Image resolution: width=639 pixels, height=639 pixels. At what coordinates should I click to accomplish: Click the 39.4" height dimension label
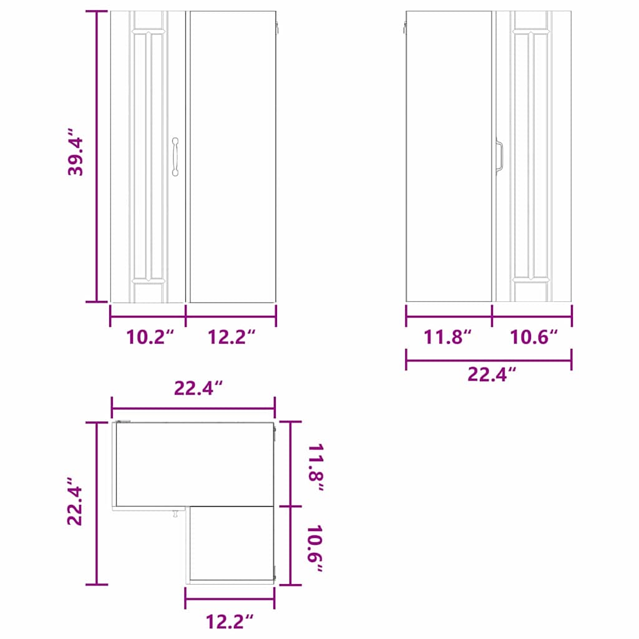[76, 152]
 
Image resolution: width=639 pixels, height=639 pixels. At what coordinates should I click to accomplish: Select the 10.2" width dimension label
[150, 337]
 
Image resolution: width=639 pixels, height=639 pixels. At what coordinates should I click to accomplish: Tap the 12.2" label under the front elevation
[232, 337]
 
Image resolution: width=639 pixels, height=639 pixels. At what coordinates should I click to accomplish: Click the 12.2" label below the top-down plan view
[230, 622]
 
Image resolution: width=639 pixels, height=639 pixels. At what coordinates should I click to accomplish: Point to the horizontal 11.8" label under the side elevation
[447, 337]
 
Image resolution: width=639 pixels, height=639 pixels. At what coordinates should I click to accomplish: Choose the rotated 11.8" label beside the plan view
[315, 467]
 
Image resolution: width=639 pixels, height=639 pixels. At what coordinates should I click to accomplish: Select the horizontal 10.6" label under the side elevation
[534, 337]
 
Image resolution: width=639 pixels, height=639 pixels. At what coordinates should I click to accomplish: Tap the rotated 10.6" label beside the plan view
[315, 549]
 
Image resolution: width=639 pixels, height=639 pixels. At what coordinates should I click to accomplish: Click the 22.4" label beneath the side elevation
[492, 374]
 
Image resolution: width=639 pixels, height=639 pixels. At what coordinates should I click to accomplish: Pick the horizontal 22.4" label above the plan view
[198, 388]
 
